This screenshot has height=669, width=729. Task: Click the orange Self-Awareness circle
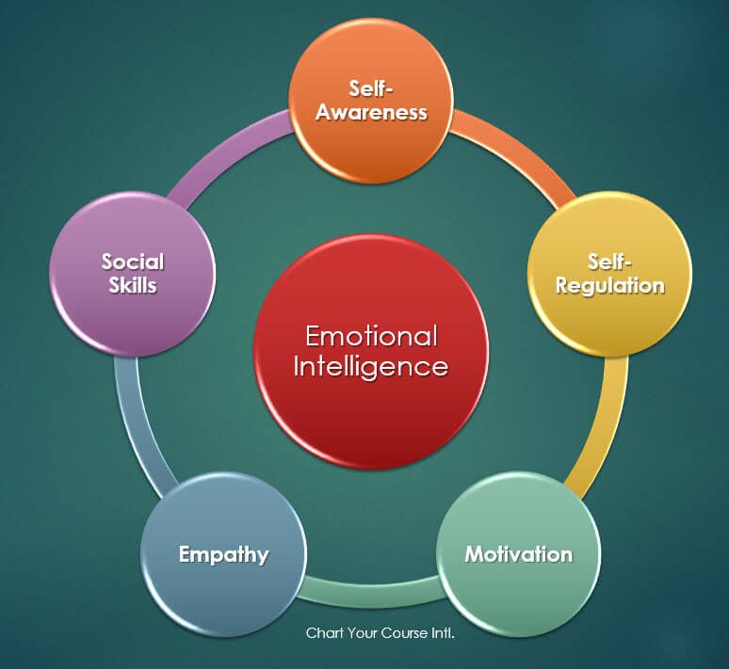[x=371, y=101]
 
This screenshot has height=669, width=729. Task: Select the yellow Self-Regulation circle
[x=609, y=274]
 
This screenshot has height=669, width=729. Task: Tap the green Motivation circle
[x=518, y=554]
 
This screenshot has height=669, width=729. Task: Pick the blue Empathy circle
[x=223, y=554]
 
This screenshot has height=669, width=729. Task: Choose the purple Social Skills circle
[x=133, y=274]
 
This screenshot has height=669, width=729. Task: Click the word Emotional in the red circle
[x=371, y=336]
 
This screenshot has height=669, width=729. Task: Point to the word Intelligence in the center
[x=370, y=367]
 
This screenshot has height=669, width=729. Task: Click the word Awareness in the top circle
[x=371, y=112]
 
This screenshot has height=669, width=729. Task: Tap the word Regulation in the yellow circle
[x=610, y=286]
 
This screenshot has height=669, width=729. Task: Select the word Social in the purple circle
[x=133, y=262]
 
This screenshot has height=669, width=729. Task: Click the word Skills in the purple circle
[x=133, y=285]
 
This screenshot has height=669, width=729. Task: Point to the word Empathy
[x=224, y=555]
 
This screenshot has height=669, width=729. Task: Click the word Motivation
[x=519, y=554]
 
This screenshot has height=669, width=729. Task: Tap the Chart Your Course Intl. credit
[x=381, y=633]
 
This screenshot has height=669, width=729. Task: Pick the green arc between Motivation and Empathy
[x=371, y=592]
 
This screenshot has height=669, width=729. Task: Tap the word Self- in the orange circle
[x=371, y=88]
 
